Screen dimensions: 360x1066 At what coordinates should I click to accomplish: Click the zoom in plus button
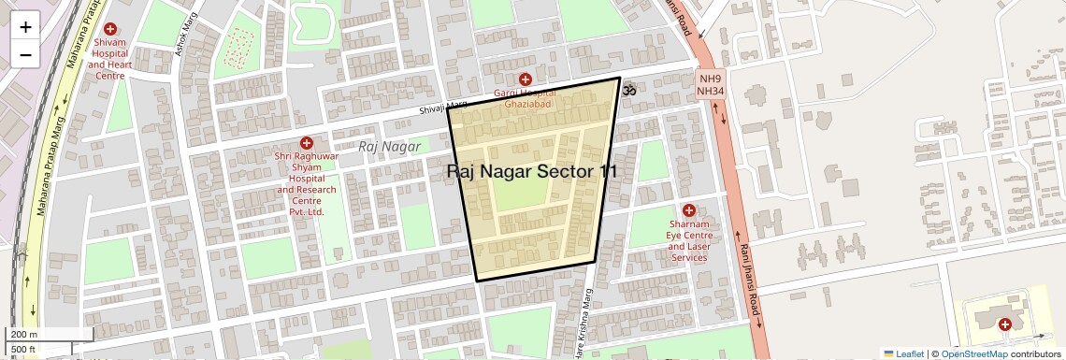(x=25, y=26)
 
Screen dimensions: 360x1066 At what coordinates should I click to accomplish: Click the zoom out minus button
(x=25, y=54)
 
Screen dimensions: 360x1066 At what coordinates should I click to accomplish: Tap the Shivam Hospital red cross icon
(x=110, y=30)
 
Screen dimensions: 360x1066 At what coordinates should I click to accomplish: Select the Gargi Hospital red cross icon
(x=526, y=79)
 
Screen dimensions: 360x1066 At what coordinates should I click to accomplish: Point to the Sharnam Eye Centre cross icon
(x=689, y=210)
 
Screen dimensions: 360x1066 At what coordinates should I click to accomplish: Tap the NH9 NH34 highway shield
(x=711, y=84)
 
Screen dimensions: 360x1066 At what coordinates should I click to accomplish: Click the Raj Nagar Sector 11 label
(x=532, y=171)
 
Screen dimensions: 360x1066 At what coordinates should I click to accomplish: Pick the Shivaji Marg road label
(x=442, y=109)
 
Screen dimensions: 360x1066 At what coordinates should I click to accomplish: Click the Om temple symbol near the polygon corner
(x=629, y=90)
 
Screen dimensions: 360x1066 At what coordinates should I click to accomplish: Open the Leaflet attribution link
(x=903, y=353)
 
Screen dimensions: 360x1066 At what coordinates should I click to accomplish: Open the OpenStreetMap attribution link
(x=973, y=353)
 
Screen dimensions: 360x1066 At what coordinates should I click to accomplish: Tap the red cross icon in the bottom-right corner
(x=1005, y=324)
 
